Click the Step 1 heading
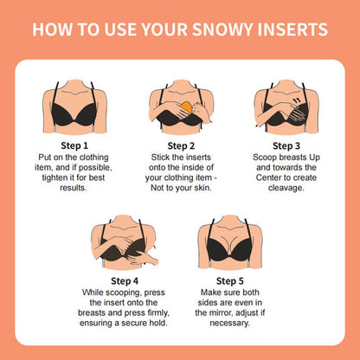click(x=75, y=146)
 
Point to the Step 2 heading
click(x=180, y=146)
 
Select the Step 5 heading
click(x=232, y=280)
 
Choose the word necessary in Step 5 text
click(x=232, y=323)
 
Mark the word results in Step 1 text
click(x=75, y=188)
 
